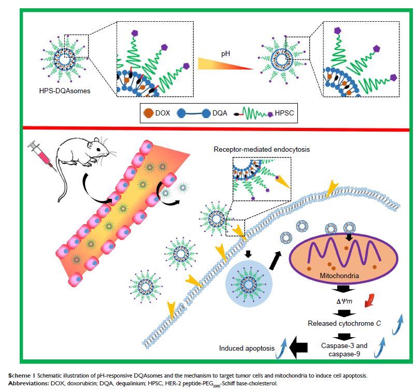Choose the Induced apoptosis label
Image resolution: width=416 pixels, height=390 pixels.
tap(247, 348)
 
